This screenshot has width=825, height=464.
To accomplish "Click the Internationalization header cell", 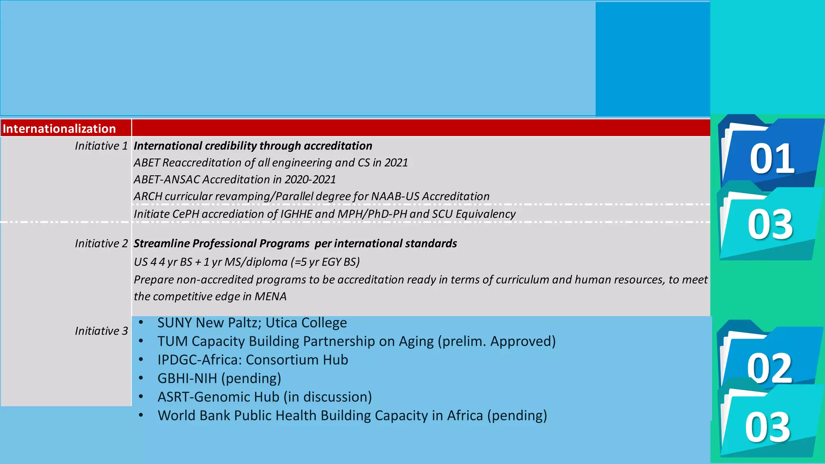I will point(59,128).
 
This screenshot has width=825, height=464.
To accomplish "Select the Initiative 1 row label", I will point(101,146).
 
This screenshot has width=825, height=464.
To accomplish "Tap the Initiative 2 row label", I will point(101,244).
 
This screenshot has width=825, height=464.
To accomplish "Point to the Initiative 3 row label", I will point(101,331).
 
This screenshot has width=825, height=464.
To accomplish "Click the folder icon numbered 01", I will point(771,155).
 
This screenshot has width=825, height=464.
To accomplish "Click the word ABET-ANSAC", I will point(167,180).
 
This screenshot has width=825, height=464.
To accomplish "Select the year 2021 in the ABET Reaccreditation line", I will point(396,163).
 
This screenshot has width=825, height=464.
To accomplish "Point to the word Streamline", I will point(161,244).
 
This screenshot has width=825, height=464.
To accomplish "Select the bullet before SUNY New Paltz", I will point(141,322).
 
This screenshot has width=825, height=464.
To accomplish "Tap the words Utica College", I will point(306,323).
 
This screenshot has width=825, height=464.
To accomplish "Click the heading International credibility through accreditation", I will point(253,146).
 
